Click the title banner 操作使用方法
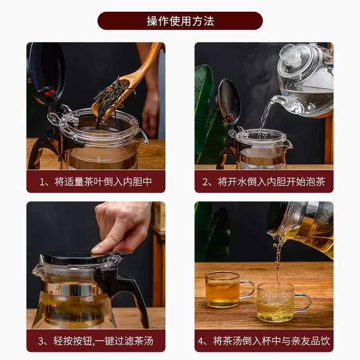click(180, 21)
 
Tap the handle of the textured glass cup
click(302, 302)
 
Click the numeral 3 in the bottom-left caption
click(41, 341)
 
